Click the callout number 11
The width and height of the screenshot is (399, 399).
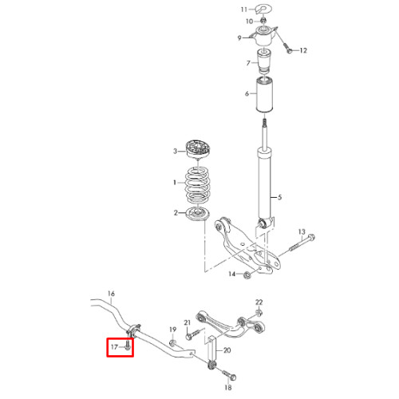click(244, 10)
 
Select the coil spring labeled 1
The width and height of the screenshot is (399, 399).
click(197, 184)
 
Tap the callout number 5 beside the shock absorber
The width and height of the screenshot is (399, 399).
click(279, 197)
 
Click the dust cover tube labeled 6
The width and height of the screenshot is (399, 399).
click(264, 94)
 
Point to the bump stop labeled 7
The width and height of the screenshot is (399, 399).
click(264, 61)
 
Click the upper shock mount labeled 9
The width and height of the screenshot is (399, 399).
click(264, 36)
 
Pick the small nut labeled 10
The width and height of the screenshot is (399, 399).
click(263, 21)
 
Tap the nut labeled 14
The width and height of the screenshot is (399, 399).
click(247, 275)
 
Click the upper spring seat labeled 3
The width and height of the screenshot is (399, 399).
click(198, 149)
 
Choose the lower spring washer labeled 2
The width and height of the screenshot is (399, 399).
click(198, 213)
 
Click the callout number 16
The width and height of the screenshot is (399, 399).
click(111, 294)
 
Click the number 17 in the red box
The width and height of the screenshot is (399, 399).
click(114, 347)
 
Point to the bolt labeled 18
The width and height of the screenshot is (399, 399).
click(228, 375)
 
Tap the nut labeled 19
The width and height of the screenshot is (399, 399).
click(172, 343)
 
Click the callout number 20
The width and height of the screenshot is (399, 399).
click(227, 350)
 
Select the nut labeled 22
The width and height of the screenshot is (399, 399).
click(259, 313)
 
